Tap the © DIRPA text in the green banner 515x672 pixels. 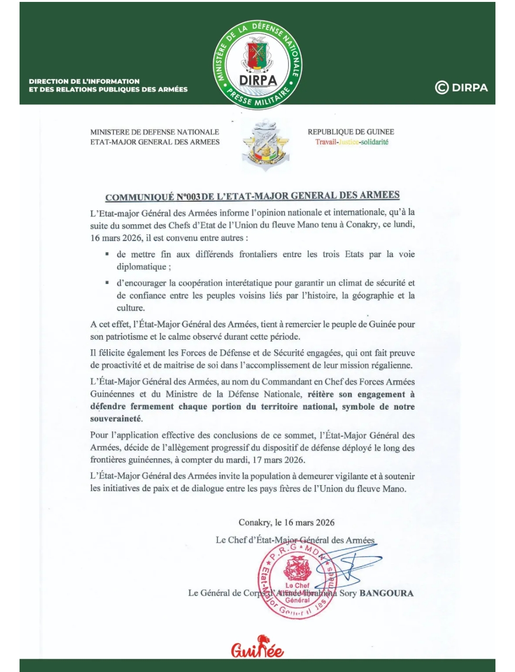(x=462, y=88)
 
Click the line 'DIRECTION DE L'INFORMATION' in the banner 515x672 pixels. (x=84, y=81)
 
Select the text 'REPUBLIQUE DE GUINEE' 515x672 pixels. (x=350, y=132)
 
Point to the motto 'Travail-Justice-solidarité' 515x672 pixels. (x=351, y=142)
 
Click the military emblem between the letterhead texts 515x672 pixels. (x=265, y=146)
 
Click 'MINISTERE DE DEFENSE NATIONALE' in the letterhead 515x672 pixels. (x=154, y=132)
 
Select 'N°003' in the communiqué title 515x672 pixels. (x=188, y=197)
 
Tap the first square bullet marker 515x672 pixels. (x=107, y=254)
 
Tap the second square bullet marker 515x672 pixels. (x=107, y=283)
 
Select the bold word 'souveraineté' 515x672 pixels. (x=116, y=419)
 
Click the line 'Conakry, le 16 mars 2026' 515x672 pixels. (x=287, y=522)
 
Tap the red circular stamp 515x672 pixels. (x=297, y=581)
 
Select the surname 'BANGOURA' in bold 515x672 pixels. (x=386, y=593)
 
